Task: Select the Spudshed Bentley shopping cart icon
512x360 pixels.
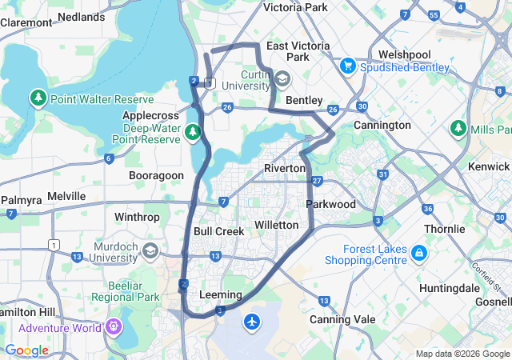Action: click(347, 66)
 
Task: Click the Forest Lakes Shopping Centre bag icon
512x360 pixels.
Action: click(418, 254)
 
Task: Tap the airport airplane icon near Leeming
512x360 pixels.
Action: click(254, 322)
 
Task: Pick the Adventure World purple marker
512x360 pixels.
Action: click(113, 327)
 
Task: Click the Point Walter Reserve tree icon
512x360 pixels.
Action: click(37, 99)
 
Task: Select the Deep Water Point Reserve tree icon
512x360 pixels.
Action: click(192, 131)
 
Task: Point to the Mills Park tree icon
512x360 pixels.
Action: click(458, 129)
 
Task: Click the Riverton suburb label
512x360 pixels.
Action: click(285, 168)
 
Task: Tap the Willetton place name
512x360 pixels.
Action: click(276, 225)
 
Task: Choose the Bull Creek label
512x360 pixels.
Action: click(218, 231)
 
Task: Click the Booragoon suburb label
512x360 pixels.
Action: click(157, 174)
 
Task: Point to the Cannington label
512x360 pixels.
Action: click(382, 126)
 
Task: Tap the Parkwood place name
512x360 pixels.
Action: click(330, 204)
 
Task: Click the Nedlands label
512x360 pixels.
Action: click(81, 16)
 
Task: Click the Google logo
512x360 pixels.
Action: click(26, 350)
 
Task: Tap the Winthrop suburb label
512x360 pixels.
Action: click(137, 217)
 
